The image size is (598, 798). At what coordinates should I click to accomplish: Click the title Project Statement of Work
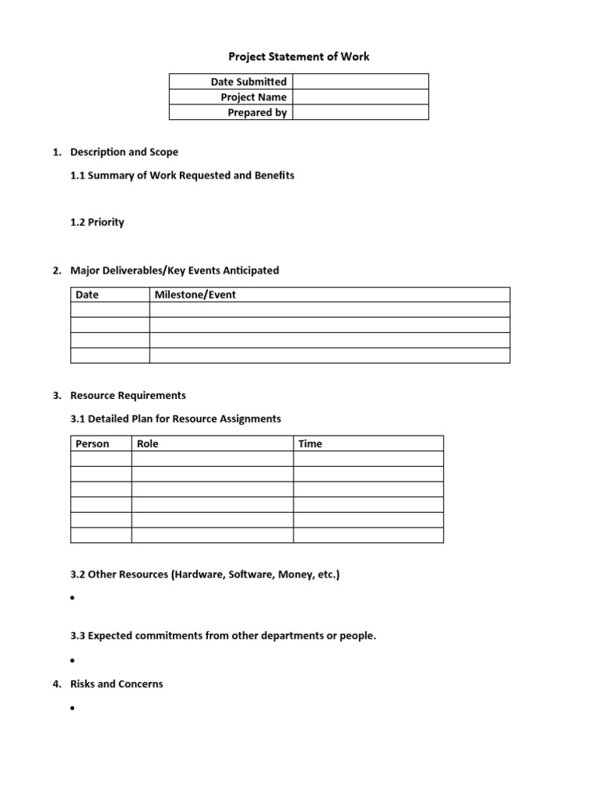(x=298, y=57)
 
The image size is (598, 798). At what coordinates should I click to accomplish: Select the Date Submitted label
(x=248, y=82)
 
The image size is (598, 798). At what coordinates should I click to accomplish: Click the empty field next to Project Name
(x=361, y=97)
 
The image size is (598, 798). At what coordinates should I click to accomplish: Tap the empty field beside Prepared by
(x=361, y=112)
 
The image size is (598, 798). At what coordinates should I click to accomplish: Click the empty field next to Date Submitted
(x=361, y=82)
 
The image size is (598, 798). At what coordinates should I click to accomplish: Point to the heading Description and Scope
(x=124, y=152)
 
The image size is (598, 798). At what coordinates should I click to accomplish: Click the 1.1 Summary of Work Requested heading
(x=182, y=175)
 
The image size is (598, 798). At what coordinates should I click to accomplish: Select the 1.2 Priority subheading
(x=97, y=222)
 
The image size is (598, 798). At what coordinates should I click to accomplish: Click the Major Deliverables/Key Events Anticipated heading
(x=174, y=270)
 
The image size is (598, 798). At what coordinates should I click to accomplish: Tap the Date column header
(x=87, y=295)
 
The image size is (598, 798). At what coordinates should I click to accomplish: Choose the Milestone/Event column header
(x=195, y=295)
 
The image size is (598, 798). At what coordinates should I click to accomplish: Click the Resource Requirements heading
(x=128, y=395)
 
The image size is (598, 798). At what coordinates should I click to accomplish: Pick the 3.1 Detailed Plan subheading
(x=175, y=418)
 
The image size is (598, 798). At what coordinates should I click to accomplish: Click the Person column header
(x=92, y=443)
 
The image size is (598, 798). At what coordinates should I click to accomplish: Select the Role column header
(x=147, y=443)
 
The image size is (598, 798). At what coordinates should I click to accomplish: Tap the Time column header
(x=310, y=443)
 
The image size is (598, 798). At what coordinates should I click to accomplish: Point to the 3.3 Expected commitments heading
(x=223, y=636)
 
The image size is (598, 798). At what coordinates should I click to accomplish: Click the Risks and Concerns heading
(x=117, y=683)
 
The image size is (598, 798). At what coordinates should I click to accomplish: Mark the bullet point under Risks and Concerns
(x=72, y=708)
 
